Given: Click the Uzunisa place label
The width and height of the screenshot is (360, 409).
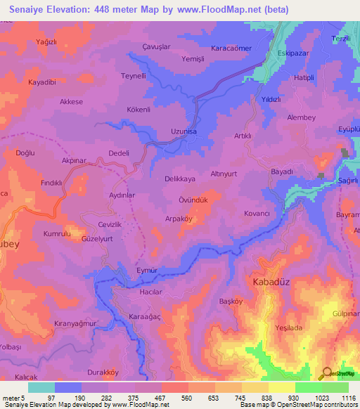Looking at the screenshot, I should tap(185, 131).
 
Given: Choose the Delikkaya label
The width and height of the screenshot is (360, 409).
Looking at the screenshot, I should tap(179, 179).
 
